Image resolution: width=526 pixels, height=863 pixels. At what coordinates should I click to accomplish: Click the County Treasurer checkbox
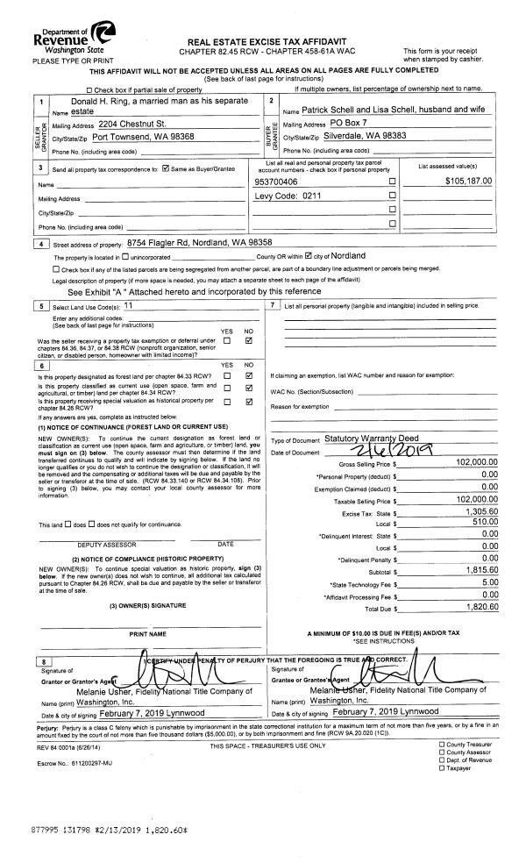[x=442, y=744]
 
